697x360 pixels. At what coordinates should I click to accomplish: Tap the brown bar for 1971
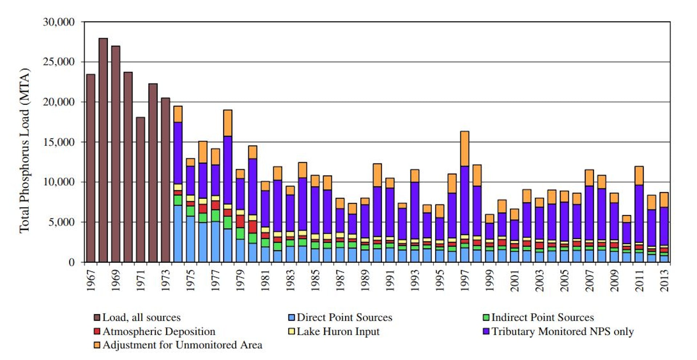pos(140,189)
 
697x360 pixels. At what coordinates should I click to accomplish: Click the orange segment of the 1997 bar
pos(465,149)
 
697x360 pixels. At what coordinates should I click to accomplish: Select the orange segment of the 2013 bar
pos(664,200)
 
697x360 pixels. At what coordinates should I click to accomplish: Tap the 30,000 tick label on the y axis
pos(59,22)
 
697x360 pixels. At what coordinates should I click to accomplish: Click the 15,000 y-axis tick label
pos(59,142)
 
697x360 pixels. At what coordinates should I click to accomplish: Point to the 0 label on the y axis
pos(72,262)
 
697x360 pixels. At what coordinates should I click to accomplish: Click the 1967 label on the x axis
pos(91,280)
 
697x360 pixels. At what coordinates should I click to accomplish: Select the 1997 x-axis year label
pos(465,280)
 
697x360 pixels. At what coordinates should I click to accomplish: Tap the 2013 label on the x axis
pos(664,280)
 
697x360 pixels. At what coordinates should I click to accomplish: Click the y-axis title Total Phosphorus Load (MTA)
pos(24,150)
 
